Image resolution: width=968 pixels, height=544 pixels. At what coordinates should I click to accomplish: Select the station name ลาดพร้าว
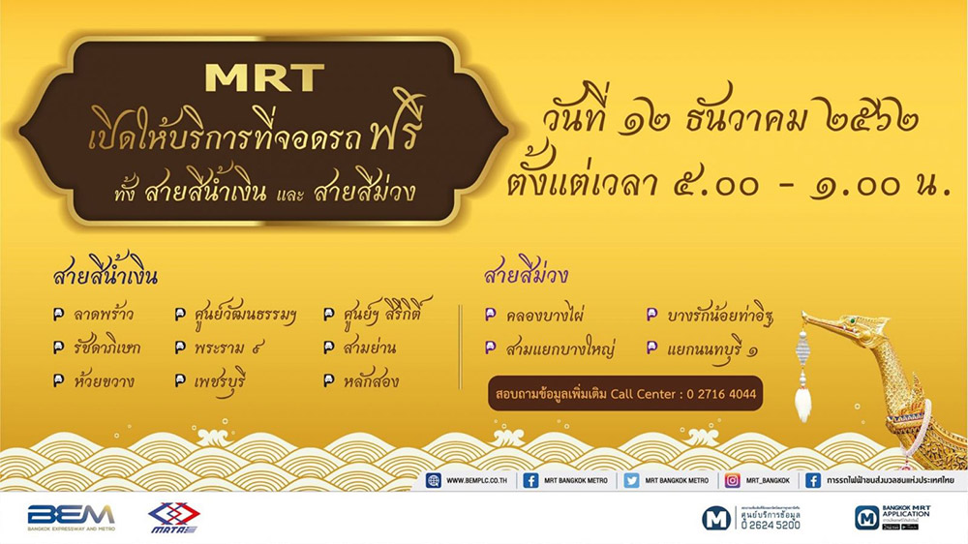[101, 315]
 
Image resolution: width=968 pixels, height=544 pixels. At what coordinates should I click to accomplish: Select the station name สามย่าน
[369, 348]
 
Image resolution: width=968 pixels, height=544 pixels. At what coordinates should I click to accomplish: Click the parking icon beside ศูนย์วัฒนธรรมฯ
[180, 315]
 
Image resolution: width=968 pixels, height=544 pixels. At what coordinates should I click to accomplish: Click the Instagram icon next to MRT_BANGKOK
[732, 480]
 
